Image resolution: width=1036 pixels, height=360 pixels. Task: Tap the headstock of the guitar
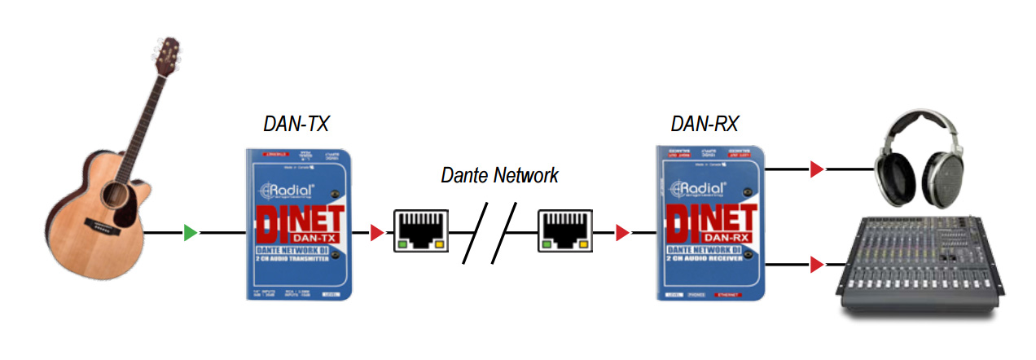167,58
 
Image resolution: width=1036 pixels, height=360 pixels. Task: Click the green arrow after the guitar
191,234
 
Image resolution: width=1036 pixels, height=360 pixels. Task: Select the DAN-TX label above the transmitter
296,123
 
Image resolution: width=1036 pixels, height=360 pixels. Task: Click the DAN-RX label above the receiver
704,123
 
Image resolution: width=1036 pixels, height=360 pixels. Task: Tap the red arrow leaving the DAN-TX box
376,234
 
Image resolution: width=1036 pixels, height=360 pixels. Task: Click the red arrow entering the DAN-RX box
622,234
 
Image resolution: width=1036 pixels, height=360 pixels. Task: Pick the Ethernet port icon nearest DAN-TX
419,230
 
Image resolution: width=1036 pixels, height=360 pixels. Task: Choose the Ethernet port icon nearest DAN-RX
564,230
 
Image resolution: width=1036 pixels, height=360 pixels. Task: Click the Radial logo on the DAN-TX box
281,193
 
